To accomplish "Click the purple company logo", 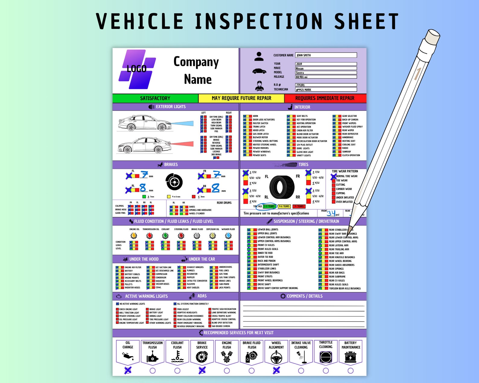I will [x=137, y=69].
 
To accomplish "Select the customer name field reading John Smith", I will [x=326, y=55].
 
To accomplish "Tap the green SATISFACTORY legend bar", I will [x=155, y=98].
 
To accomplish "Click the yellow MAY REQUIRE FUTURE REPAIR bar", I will [x=241, y=98].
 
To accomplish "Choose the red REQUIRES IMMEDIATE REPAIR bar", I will [x=325, y=98].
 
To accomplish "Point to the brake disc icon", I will [x=174, y=182].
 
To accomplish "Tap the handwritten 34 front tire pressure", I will [x=331, y=213].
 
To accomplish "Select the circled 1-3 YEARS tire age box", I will [x=269, y=207].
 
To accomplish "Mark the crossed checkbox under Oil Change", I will [x=128, y=370].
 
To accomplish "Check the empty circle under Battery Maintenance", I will [x=351, y=370].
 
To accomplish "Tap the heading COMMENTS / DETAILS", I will [x=304, y=296].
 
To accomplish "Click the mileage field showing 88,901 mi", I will [x=326, y=77].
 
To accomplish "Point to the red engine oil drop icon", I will [x=134, y=236].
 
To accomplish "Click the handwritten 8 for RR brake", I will [x=215, y=188].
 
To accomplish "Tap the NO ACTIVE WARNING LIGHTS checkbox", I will [x=117, y=304].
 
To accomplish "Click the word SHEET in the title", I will [x=366, y=22].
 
